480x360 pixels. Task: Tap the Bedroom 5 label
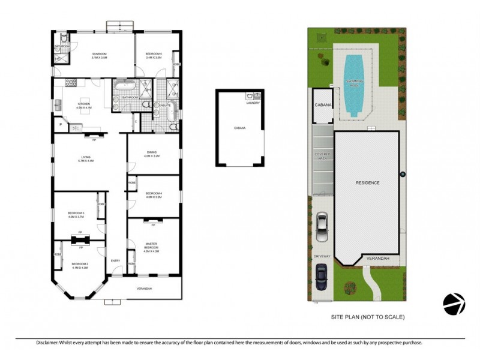coord(154,54)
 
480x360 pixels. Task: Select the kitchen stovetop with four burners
coord(70,82)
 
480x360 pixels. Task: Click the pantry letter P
coord(61,125)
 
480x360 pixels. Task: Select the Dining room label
coord(152,152)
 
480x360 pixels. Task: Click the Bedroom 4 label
coord(154,193)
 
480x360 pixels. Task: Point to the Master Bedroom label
coord(152,245)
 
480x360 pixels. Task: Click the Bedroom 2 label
coord(80,264)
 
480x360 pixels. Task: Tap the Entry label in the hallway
coord(115,260)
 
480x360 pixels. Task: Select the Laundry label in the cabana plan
coord(252,103)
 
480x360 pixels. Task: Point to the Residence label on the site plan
coord(367,182)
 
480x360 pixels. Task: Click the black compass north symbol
coord(454,304)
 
